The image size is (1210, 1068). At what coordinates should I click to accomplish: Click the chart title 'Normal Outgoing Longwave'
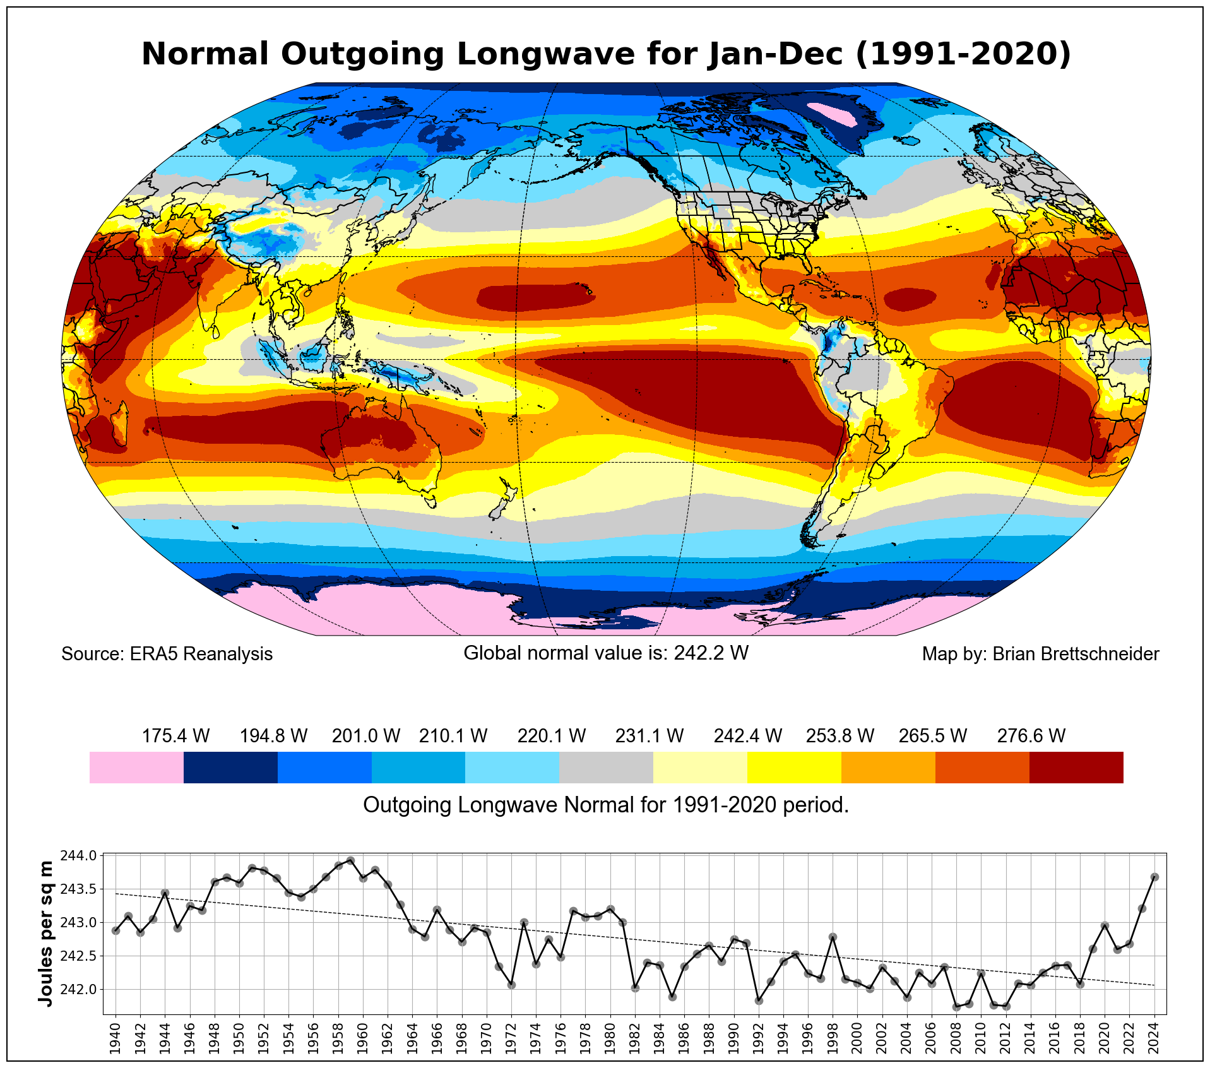coord(606,54)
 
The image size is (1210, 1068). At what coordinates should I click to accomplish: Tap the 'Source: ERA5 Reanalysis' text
coord(167,654)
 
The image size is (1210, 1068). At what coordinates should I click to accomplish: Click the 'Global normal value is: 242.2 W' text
coord(606,653)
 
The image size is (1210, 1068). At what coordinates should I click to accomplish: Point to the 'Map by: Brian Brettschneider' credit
coord(1040,654)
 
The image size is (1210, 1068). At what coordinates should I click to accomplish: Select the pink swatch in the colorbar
coord(136,768)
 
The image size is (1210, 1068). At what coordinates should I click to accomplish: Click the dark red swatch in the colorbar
coord(1076,768)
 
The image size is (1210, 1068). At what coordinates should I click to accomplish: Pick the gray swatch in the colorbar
coord(606,768)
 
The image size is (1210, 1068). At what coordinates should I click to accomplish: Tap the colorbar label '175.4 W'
coord(175,736)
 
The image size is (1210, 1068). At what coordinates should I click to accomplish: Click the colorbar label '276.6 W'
coord(1031,736)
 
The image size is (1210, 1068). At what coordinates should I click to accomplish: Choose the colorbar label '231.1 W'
coord(649,736)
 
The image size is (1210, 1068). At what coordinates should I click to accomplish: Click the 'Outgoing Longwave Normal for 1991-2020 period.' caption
coord(606,805)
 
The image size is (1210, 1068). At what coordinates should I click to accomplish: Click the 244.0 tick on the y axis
coord(78,856)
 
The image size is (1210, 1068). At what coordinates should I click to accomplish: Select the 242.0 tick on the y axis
coord(78,989)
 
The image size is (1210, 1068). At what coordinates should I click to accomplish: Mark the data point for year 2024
coord(1154,877)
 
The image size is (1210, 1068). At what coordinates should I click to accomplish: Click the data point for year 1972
coord(511,985)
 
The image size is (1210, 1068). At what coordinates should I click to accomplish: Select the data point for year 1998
coord(833,937)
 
